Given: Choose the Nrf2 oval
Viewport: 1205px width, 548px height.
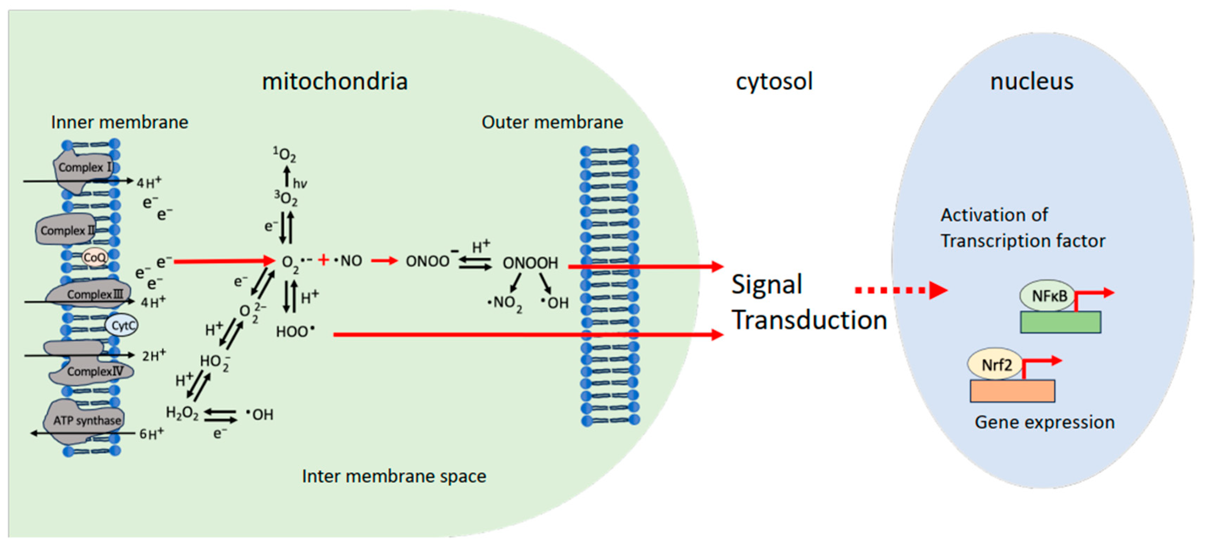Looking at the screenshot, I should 996,364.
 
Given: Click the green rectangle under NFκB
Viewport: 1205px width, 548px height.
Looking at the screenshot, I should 1060,322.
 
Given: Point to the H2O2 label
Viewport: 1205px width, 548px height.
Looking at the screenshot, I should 182,413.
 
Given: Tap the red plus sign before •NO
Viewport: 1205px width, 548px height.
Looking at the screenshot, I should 323,259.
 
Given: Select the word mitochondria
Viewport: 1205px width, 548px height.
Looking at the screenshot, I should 334,81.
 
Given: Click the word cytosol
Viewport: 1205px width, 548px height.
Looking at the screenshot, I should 774,81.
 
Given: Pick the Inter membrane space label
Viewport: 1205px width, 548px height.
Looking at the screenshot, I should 394,476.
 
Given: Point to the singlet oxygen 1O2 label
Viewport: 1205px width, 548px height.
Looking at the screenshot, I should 284,154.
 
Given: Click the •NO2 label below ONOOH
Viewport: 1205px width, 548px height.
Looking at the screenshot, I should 504,304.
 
